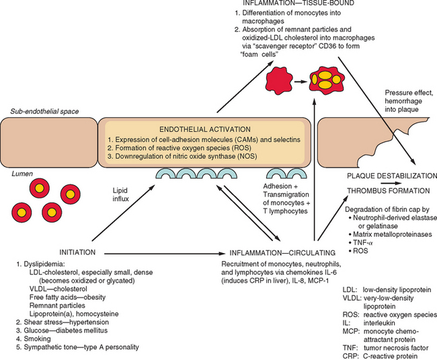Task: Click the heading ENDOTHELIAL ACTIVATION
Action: (204, 128)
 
